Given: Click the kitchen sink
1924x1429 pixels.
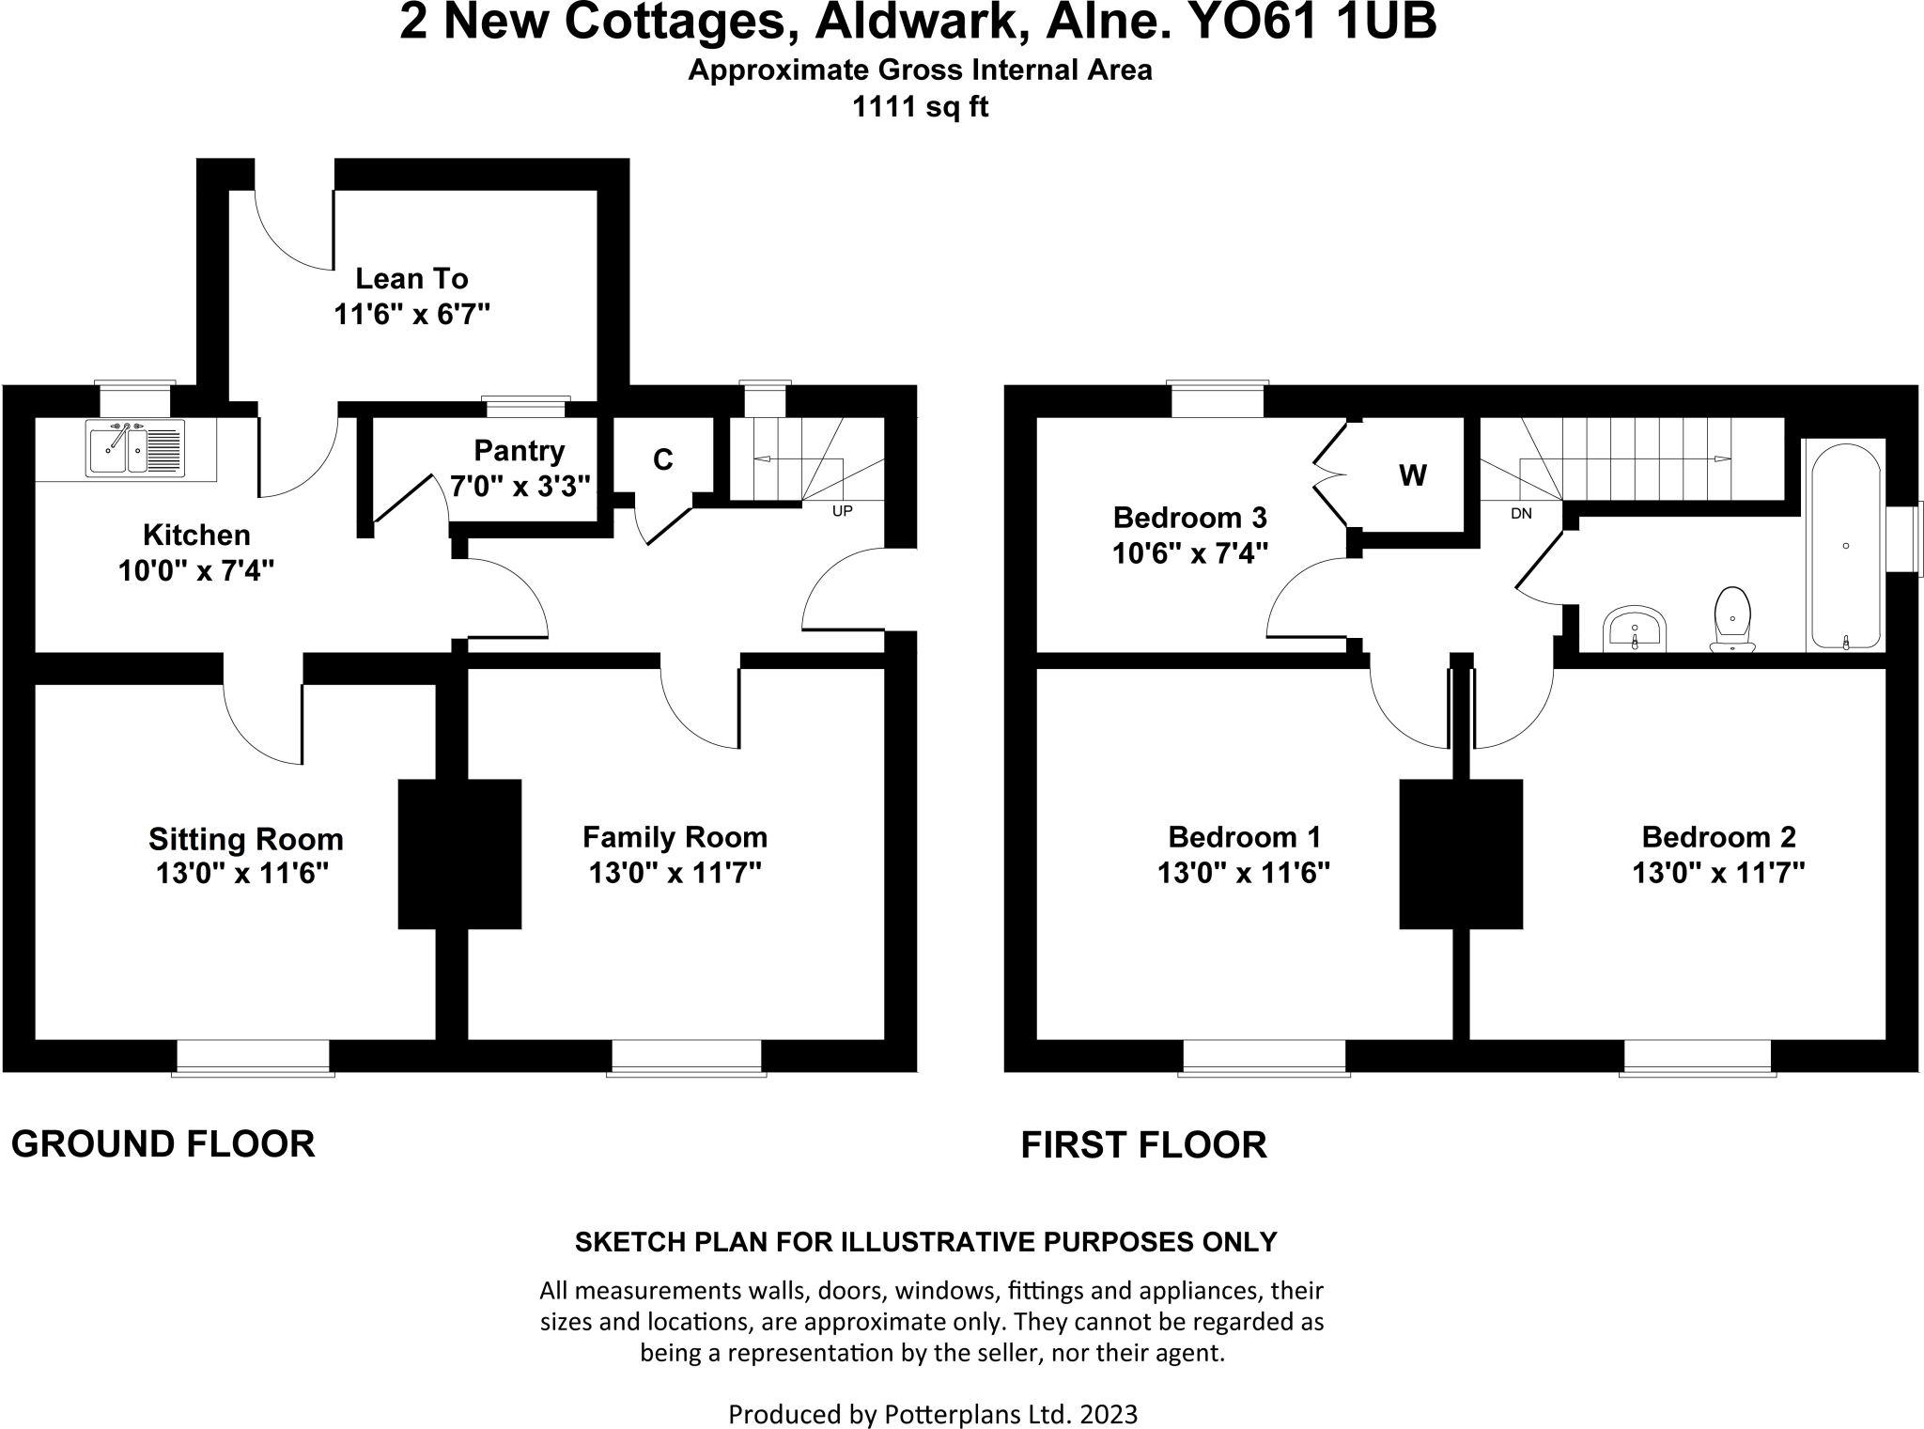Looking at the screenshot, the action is pyautogui.click(x=135, y=449).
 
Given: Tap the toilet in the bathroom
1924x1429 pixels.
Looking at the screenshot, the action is pyautogui.click(x=1732, y=619).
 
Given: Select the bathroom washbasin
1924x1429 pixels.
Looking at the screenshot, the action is pyautogui.click(x=1635, y=629).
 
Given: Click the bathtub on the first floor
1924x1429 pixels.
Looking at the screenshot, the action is pyautogui.click(x=1846, y=545).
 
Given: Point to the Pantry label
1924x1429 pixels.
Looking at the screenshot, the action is pyautogui.click(x=519, y=451).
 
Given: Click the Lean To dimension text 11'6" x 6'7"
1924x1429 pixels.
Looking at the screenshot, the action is pyautogui.click(x=412, y=314).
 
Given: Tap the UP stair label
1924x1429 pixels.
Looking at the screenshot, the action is pyautogui.click(x=843, y=512).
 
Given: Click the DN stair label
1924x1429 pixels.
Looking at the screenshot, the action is pyautogui.click(x=1521, y=514).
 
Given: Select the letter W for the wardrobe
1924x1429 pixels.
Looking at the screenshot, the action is pyautogui.click(x=1413, y=476).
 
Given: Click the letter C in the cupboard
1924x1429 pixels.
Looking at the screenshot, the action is pyautogui.click(x=663, y=459).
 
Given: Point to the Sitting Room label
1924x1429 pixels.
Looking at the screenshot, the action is pyautogui.click(x=246, y=839).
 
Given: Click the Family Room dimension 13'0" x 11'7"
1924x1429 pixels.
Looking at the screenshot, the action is pyautogui.click(x=675, y=873).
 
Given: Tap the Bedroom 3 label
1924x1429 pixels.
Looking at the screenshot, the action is pyautogui.click(x=1189, y=518).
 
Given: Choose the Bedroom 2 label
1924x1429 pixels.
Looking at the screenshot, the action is pyautogui.click(x=1718, y=836).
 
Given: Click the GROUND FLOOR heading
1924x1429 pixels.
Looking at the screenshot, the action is pyautogui.click(x=163, y=1144).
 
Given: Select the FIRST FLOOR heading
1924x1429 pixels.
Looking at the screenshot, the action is pyautogui.click(x=1144, y=1145).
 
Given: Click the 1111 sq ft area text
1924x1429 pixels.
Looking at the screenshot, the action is pyautogui.click(x=920, y=107).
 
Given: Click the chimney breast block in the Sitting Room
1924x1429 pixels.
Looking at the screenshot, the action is pyautogui.click(x=459, y=854).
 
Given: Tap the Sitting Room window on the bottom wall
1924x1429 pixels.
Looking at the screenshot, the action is pyautogui.click(x=253, y=1057).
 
